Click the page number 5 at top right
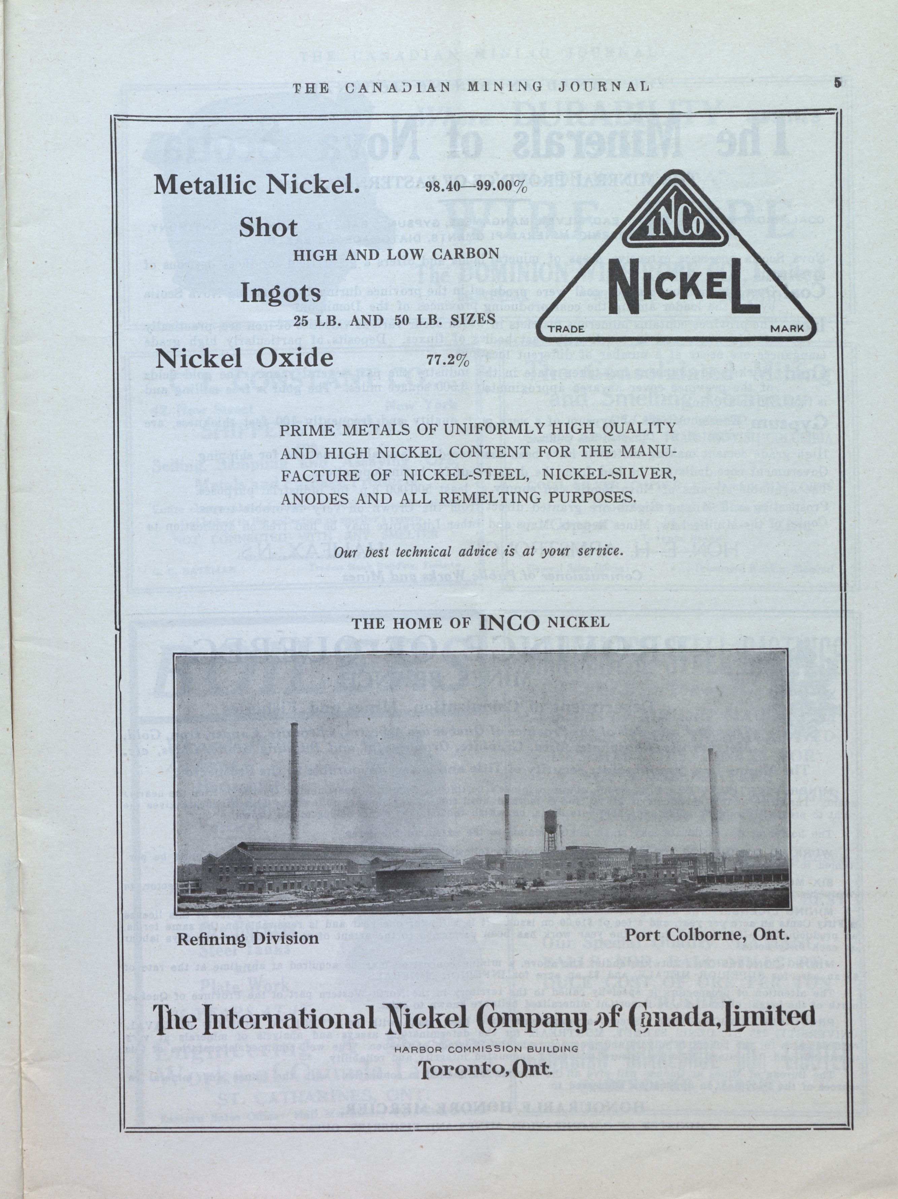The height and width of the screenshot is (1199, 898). point(838,83)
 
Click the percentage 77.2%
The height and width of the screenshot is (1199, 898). point(447,360)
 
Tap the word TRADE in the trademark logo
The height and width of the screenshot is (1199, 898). point(566,328)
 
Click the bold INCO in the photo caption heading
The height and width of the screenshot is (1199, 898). point(509,622)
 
